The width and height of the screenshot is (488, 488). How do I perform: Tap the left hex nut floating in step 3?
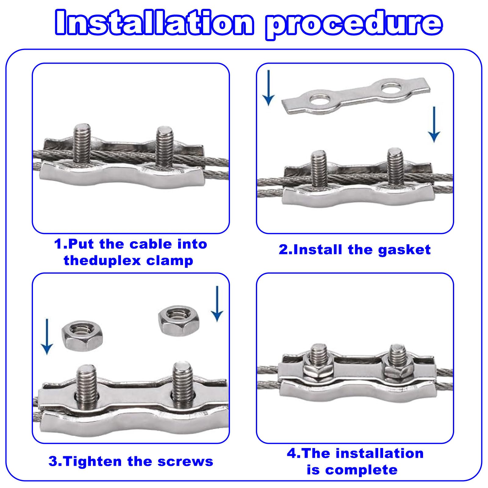click(77, 337)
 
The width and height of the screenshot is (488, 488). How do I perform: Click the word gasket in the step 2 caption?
click(404, 250)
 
